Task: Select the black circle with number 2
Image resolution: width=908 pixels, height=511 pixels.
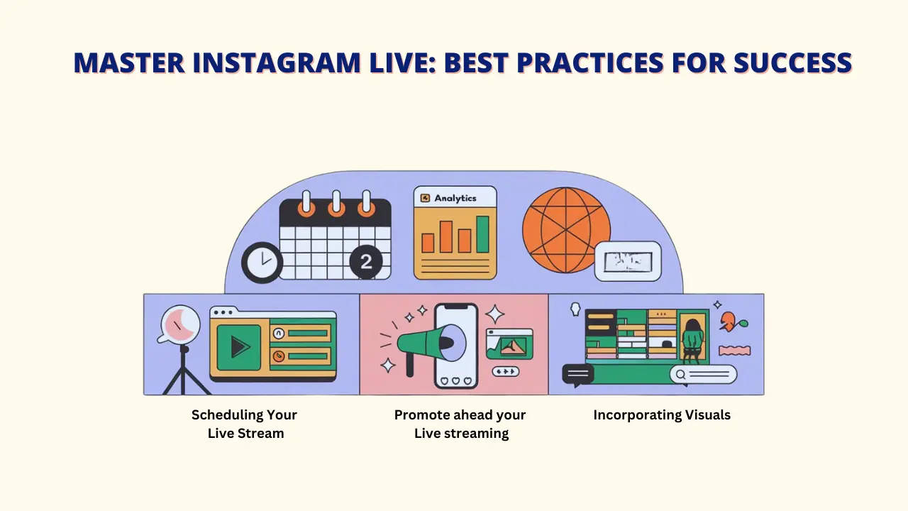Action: click(366, 262)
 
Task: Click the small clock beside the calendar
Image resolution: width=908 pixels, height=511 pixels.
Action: click(262, 263)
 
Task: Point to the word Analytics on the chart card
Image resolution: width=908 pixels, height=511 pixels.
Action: click(455, 198)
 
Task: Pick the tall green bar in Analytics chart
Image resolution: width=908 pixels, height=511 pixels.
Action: click(482, 234)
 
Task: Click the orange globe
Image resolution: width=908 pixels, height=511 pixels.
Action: click(566, 229)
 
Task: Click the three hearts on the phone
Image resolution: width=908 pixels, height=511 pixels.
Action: click(455, 381)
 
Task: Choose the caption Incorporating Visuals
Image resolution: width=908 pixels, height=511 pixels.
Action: click(662, 415)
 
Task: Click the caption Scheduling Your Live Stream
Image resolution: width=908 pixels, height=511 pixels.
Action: click(245, 424)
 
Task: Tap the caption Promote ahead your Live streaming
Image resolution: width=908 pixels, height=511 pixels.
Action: click(460, 424)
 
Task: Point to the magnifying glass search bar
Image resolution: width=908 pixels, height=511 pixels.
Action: click(704, 374)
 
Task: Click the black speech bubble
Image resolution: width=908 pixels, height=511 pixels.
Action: click(577, 373)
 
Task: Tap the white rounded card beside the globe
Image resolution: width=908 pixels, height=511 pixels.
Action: click(627, 261)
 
